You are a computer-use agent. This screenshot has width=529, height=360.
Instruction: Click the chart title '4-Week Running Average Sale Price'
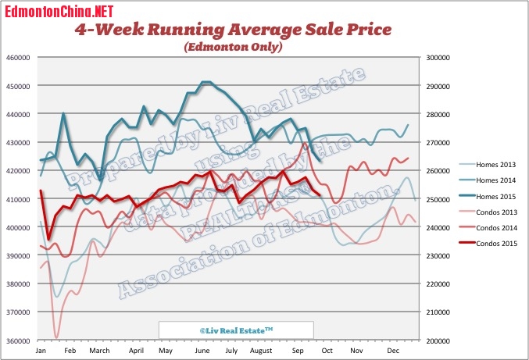233,30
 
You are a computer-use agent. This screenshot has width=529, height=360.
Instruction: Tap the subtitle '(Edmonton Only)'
233,47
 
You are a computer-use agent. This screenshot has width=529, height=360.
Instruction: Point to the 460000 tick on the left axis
18,58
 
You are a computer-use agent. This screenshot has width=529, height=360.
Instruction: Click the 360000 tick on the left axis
18,341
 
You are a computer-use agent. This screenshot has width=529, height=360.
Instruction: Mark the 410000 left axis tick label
18,200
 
